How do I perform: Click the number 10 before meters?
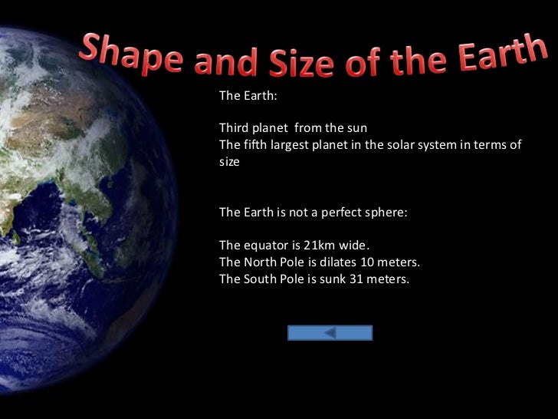click(x=366, y=262)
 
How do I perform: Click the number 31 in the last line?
click(x=357, y=279)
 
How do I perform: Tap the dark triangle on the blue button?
click(x=330, y=333)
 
